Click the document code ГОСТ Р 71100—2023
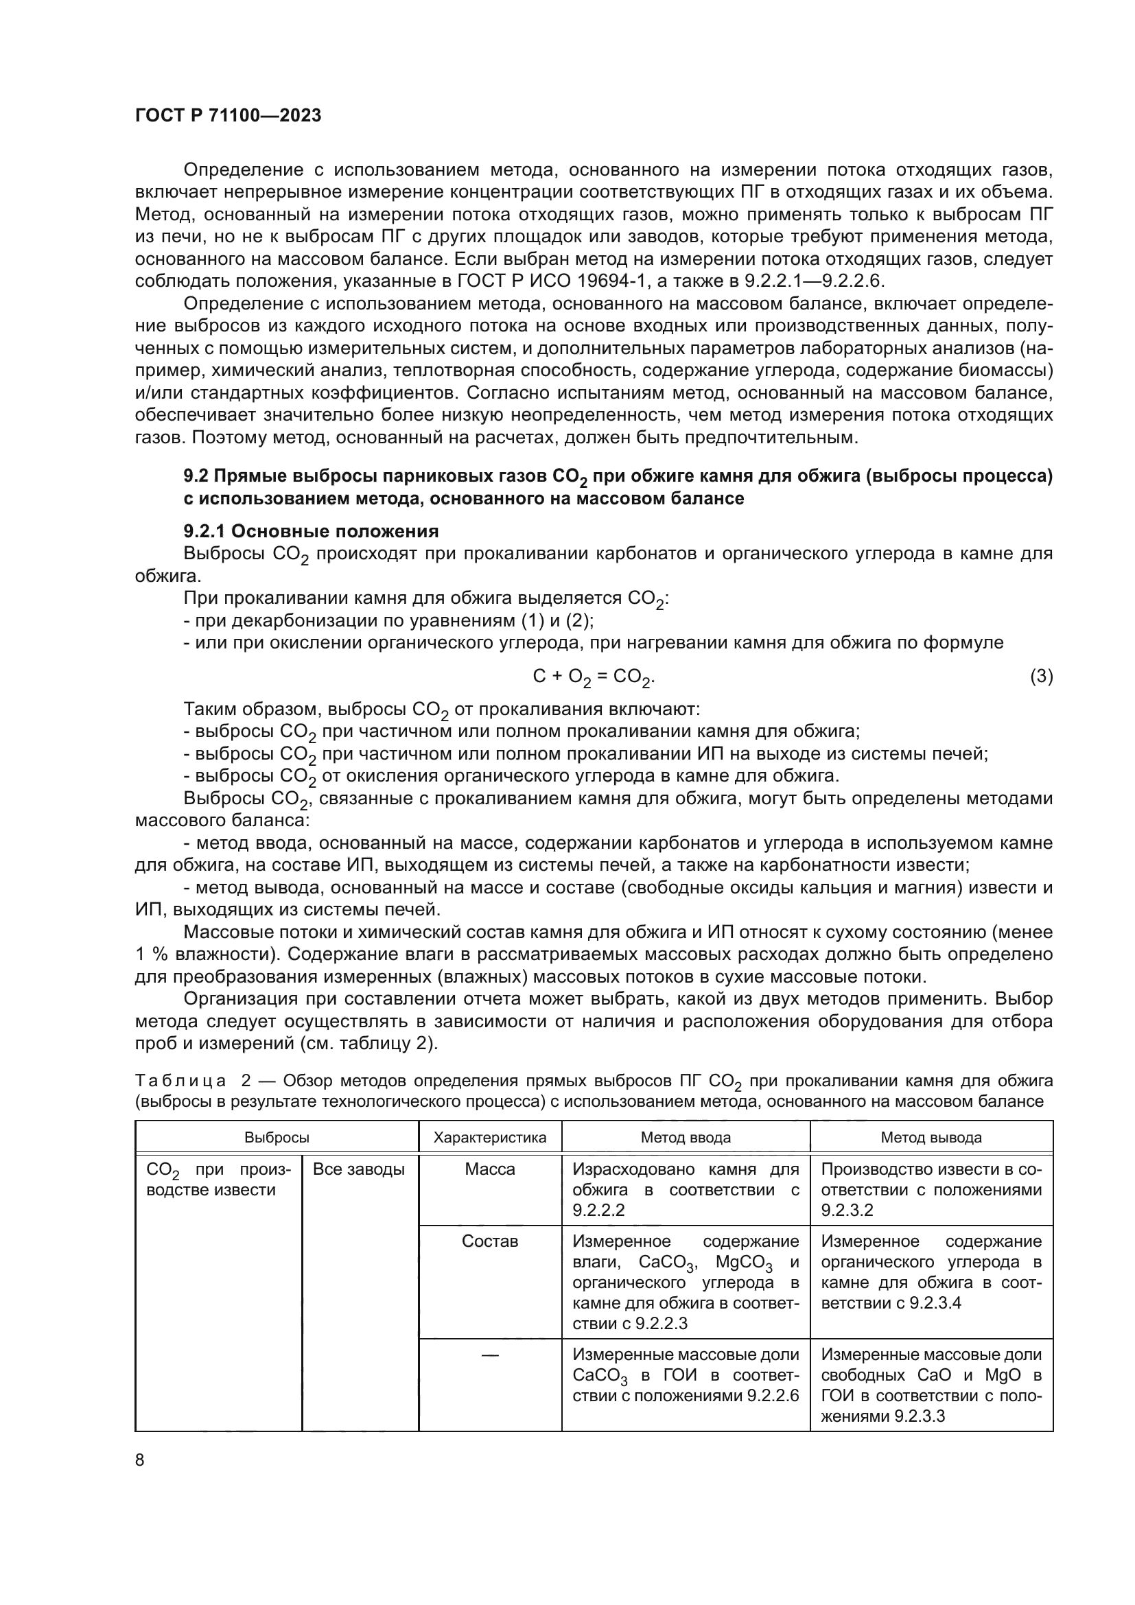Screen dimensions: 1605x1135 (228, 116)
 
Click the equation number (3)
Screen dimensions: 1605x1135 (1041, 676)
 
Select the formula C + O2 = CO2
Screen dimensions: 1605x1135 (594, 677)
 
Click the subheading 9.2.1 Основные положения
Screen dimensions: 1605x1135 (311, 531)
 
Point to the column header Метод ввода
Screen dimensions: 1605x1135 (685, 1137)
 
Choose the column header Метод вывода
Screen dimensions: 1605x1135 (931, 1137)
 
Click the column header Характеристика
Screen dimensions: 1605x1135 (489, 1137)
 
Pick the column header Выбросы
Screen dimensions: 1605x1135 (277, 1137)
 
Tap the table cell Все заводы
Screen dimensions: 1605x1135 (358, 1169)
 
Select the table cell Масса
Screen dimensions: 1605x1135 (489, 1169)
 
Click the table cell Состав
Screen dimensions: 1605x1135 (489, 1241)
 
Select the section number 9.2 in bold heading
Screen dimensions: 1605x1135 (196, 477)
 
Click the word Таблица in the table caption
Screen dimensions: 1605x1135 (180, 1081)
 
